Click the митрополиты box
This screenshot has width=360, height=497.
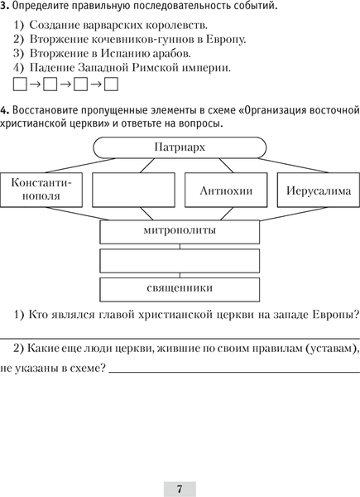(179, 230)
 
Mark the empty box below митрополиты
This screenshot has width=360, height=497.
(179, 260)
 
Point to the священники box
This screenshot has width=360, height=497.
(179, 289)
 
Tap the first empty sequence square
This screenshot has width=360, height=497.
(22, 84)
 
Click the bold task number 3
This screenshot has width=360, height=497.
(5, 7)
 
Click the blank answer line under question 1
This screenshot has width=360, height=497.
(180, 337)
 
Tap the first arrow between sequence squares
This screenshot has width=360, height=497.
(36, 84)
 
